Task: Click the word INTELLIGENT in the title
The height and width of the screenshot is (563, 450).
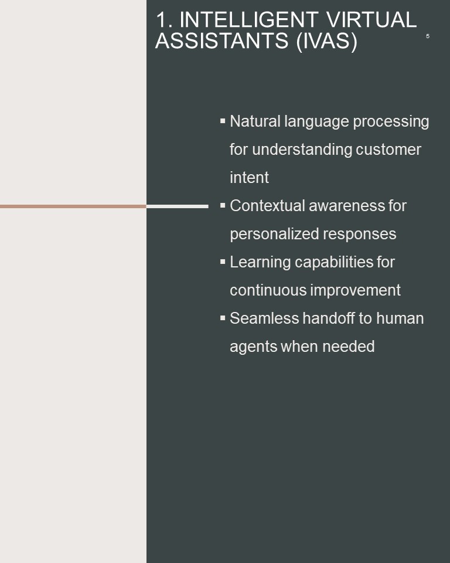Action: pos(248,19)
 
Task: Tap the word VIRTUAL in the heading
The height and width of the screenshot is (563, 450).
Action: pos(371,19)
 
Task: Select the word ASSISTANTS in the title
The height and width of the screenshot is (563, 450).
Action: pos(221,40)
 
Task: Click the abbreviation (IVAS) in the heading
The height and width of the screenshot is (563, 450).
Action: pos(327,41)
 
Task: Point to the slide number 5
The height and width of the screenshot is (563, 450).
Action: pos(427,36)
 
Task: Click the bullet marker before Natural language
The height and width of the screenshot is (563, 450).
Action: pos(223,121)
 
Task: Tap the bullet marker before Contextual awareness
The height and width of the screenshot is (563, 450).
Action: pos(223,205)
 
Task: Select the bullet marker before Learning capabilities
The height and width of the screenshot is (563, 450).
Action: pos(223,262)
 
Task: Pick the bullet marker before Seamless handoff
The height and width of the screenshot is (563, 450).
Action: pos(223,318)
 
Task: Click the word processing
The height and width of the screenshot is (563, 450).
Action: pos(391,122)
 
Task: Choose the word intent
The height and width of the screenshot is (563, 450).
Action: pos(250,177)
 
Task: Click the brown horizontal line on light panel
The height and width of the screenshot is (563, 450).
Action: pos(73,206)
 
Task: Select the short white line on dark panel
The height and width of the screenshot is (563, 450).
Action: pos(178,206)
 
